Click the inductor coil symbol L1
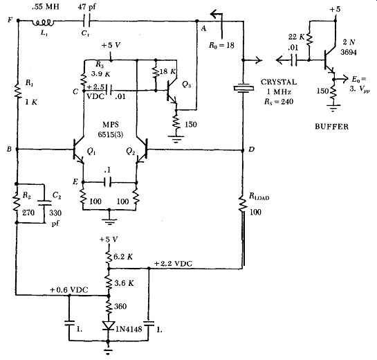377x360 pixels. [44, 23]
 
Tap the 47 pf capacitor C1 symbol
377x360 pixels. [86, 21]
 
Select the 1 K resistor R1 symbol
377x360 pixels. [18, 90]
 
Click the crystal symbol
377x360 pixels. [243, 89]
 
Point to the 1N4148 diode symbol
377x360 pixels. [108, 325]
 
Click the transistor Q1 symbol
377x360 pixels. [78, 150]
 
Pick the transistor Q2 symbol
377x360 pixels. [142, 150]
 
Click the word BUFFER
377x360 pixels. [331, 127]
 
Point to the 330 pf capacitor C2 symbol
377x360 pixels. [45, 203]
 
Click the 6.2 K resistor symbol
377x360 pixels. [109, 257]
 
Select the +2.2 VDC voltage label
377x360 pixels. [173, 264]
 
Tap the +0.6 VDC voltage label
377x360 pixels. [69, 290]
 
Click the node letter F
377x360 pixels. [10, 19]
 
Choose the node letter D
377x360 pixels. [251, 150]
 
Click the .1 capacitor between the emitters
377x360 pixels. [107, 182]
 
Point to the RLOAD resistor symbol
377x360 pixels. [243, 204]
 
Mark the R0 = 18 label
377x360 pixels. [221, 45]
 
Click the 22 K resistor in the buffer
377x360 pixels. [309, 39]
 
